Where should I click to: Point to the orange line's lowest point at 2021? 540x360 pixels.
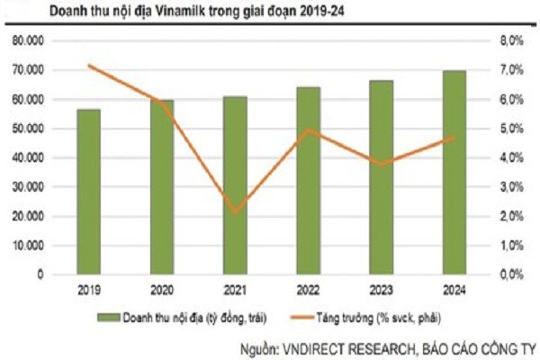pos(234,212)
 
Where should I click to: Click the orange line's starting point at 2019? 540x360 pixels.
pos(87,65)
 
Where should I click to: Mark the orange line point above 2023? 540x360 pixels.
pos(381,165)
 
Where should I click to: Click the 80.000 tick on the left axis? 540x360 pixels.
pos(28,41)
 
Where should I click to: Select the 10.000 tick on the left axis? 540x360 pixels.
pos(28,245)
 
